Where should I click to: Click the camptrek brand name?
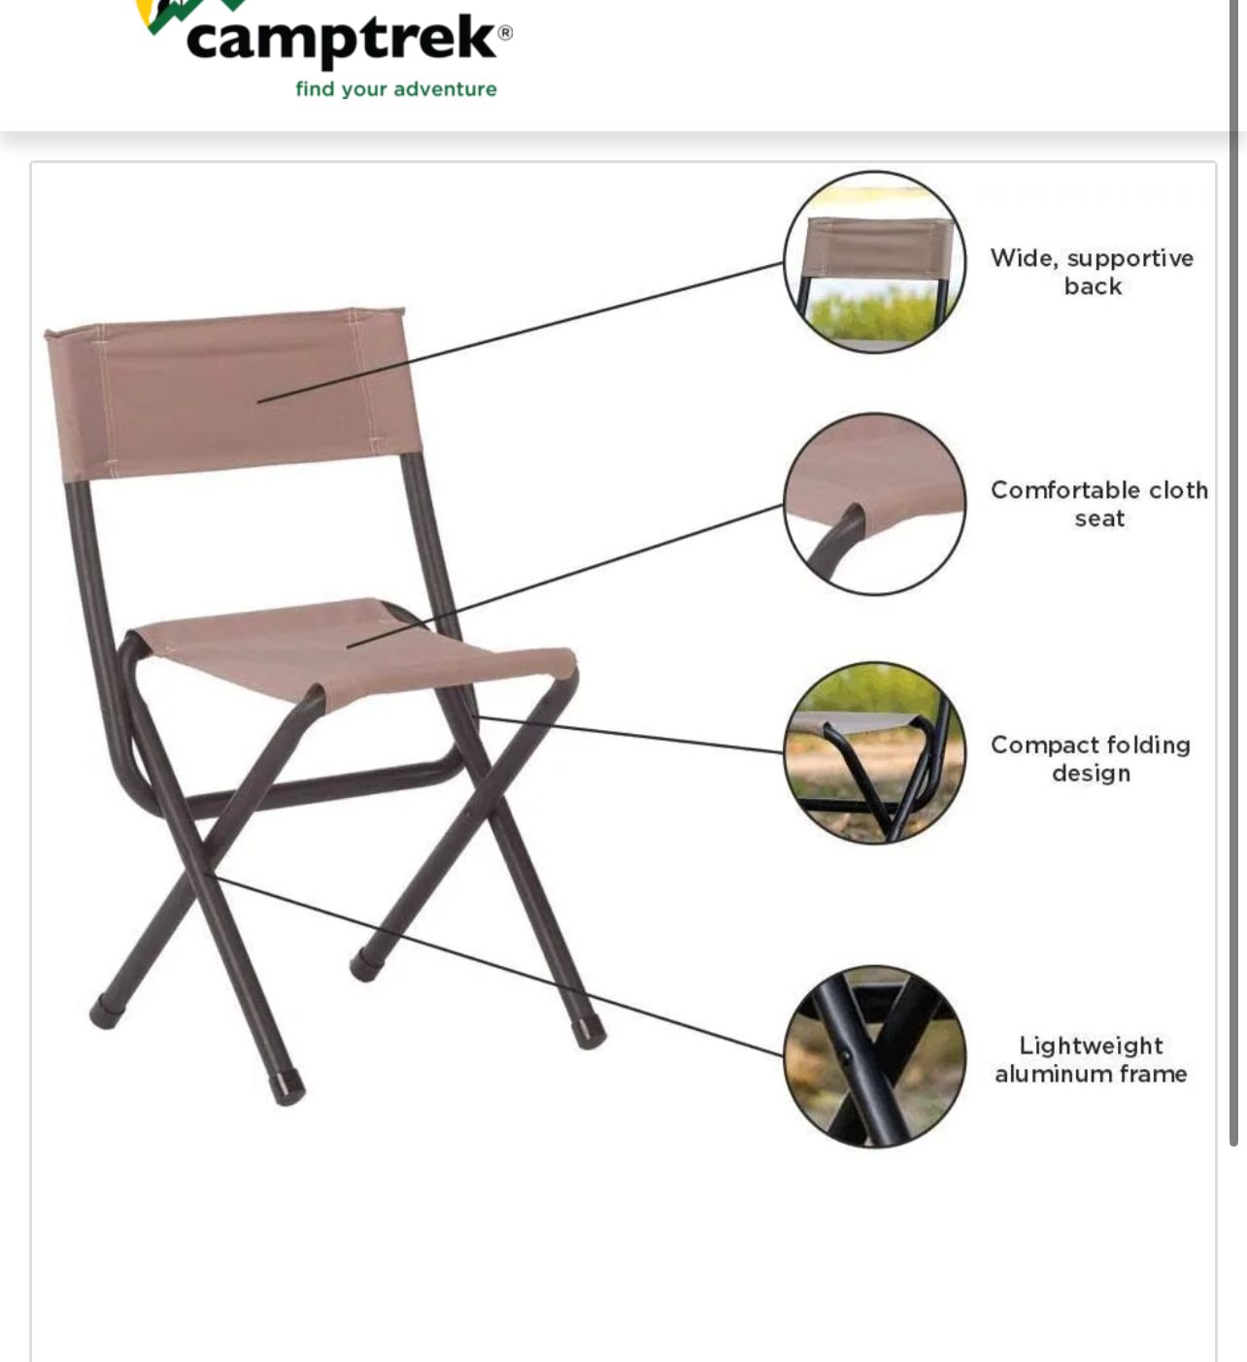(341, 39)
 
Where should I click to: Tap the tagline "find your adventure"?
(396, 89)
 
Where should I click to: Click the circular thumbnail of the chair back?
(874, 262)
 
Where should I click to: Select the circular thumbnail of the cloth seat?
(874, 504)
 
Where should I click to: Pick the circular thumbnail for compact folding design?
(874, 752)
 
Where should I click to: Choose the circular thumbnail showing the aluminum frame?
(874, 1056)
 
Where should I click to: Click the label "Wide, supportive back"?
(1092, 272)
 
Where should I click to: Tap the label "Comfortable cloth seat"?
(1099, 504)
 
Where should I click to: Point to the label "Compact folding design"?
(1091, 759)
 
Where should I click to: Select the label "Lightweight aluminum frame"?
(1091, 1060)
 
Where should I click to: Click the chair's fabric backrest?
(233, 393)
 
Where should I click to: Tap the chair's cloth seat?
(350, 645)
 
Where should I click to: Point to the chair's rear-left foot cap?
(104, 1013)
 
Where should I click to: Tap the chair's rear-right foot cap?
(365, 966)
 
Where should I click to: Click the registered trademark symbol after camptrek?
(505, 32)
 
